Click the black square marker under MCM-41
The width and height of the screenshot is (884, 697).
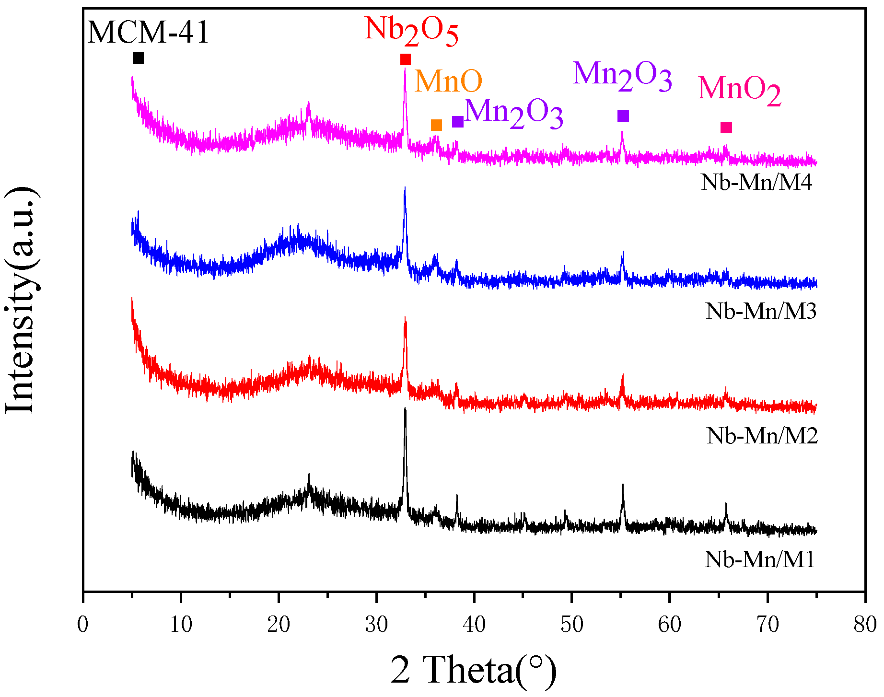[138, 58]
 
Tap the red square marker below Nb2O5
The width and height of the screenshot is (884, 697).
[406, 59]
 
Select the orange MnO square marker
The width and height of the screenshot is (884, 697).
[436, 125]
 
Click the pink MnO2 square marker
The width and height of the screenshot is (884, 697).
[726, 127]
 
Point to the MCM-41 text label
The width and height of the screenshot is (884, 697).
[148, 33]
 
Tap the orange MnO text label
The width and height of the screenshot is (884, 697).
[448, 81]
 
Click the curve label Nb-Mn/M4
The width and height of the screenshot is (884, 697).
[756, 183]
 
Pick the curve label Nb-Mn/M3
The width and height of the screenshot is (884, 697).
[761, 311]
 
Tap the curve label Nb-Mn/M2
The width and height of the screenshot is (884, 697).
[762, 436]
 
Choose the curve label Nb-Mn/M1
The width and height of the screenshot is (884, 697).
[759, 559]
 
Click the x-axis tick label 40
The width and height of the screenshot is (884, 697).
[474, 625]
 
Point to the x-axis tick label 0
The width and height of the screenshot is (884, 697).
[83, 625]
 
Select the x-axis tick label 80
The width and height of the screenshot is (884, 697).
[864, 625]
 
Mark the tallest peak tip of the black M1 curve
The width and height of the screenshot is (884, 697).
[405, 409]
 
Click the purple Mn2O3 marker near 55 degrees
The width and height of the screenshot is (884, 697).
[623, 116]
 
